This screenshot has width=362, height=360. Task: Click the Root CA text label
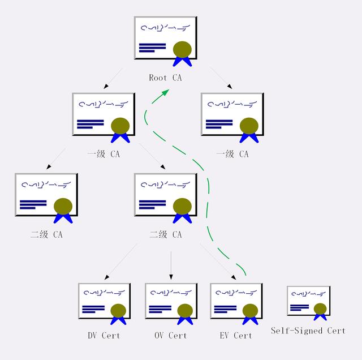165,78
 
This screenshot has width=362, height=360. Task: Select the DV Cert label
104,335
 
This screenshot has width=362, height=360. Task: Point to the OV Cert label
170,335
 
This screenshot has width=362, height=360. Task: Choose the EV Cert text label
235,335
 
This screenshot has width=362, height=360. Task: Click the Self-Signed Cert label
308,331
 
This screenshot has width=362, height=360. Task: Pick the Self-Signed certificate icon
308,302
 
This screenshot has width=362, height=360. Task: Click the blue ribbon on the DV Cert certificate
118,320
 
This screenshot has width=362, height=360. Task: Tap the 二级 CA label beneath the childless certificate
46,234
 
